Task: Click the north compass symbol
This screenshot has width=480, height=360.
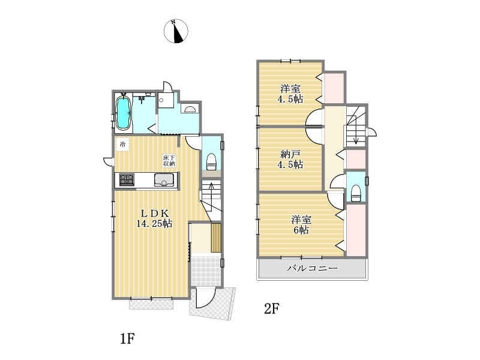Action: pyautogui.click(x=176, y=31)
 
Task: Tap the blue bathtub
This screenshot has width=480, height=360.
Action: pyautogui.click(x=124, y=113)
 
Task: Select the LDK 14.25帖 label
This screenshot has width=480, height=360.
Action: pyautogui.click(x=154, y=218)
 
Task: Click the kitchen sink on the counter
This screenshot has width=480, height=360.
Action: pyautogui.click(x=164, y=179)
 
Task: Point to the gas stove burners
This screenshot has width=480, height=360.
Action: pyautogui.click(x=127, y=179)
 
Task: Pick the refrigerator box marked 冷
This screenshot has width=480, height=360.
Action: pyautogui.click(x=122, y=144)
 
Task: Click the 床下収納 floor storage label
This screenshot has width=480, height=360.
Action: pyautogui.click(x=169, y=161)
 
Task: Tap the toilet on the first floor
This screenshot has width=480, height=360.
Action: pyautogui.click(x=212, y=161)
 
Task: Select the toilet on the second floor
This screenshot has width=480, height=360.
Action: pyautogui.click(x=356, y=193)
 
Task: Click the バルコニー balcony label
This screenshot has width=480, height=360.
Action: pyautogui.click(x=312, y=268)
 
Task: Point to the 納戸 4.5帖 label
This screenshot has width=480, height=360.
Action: pyautogui.click(x=290, y=160)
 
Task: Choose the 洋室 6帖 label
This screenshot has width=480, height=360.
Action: pyautogui.click(x=301, y=224)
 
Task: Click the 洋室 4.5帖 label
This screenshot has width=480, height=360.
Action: pyautogui.click(x=290, y=94)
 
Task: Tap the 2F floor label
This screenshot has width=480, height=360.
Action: pyautogui.click(x=272, y=308)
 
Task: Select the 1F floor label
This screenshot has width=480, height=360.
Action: pyautogui.click(x=127, y=338)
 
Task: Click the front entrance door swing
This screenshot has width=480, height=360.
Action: pyautogui.click(x=206, y=298)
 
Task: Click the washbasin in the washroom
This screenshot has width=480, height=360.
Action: pyautogui.click(x=190, y=109)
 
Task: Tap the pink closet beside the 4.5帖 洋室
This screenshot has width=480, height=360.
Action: pyautogui.click(x=334, y=88)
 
